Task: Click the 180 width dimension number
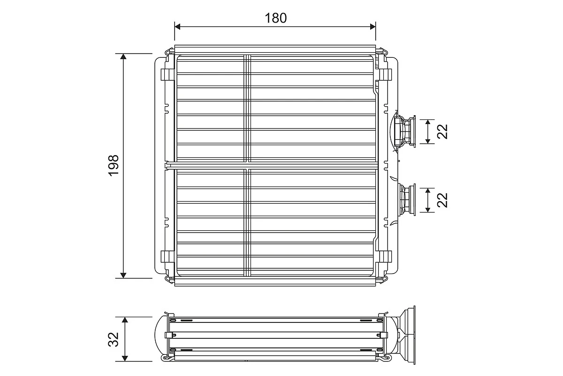[x=275, y=18]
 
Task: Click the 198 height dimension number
[x=114, y=165]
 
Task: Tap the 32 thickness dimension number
[x=113, y=339]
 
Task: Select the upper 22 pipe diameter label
[x=442, y=132]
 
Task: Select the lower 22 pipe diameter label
[x=442, y=200]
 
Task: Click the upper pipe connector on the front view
[x=404, y=132]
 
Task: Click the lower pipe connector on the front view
[x=406, y=200]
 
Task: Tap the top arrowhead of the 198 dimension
[x=124, y=57]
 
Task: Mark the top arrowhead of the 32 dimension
[x=125, y=320]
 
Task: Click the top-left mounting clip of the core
[x=166, y=75]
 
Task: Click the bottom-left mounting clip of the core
[x=166, y=257]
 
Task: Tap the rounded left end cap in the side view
[x=161, y=335]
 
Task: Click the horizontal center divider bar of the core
[x=272, y=165]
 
